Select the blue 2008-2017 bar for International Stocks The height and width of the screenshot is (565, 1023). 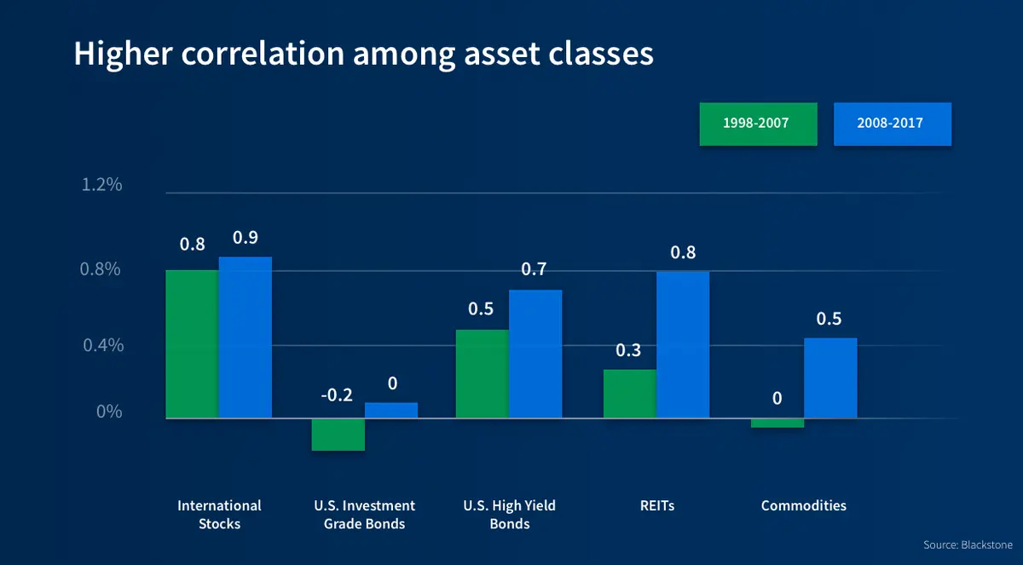click(245, 337)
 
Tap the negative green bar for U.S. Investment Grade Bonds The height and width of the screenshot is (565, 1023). click(338, 434)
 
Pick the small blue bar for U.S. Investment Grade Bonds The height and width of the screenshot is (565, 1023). click(391, 410)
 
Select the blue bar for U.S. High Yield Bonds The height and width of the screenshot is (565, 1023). click(535, 354)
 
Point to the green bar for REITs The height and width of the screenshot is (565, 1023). click(629, 393)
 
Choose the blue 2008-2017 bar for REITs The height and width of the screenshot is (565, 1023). click(683, 344)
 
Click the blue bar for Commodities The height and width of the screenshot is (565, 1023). click(830, 378)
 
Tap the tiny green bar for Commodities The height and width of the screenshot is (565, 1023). click(777, 423)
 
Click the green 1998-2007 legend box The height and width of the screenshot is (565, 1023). click(758, 124)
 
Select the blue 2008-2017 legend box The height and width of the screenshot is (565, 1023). click(892, 124)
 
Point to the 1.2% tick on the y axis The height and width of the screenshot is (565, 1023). click(101, 185)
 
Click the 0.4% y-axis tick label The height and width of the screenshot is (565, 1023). click(101, 345)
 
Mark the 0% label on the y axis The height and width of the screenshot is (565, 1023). click(107, 412)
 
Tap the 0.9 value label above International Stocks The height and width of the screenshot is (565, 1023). click(246, 237)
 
